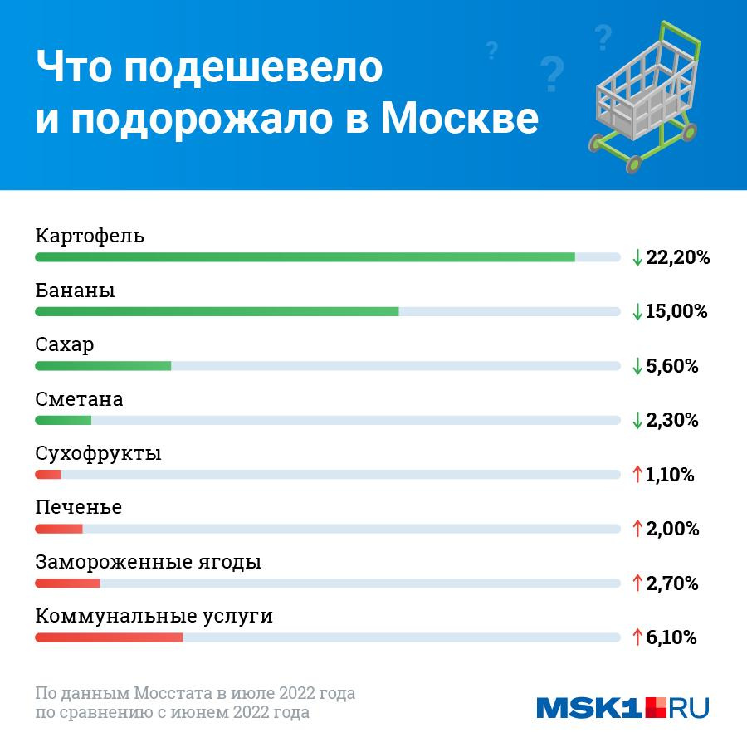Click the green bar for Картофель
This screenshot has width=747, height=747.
[x=305, y=257]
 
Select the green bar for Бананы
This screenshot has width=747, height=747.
[x=217, y=311]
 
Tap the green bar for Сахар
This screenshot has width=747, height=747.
[x=103, y=366]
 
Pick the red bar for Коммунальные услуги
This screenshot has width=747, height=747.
[x=109, y=637]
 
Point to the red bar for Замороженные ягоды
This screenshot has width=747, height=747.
[x=67, y=583]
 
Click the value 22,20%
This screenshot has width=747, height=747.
[x=677, y=257]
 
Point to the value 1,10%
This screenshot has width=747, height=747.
[x=669, y=475]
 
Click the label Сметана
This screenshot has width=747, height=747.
[x=79, y=399]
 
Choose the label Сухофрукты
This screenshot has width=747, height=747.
[x=98, y=454]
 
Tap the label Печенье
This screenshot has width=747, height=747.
[x=78, y=508]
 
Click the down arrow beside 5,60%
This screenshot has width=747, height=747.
[x=637, y=366]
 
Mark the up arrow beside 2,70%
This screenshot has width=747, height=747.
[x=637, y=583]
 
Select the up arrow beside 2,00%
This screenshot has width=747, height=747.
[x=637, y=529]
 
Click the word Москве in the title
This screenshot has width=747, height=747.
[x=459, y=120]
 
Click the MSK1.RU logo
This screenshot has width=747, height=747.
[x=622, y=706]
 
